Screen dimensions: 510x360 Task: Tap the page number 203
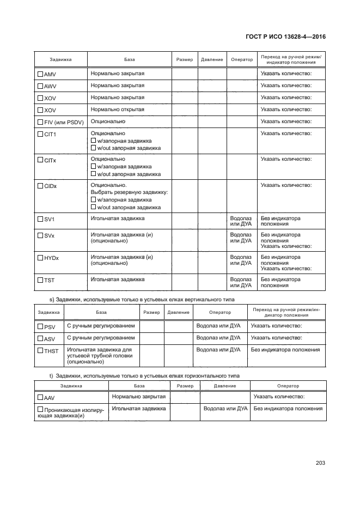point(320,463)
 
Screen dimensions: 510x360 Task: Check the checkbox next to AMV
point(40,74)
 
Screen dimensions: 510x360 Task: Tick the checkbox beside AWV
point(40,86)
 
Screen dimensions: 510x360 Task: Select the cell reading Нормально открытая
point(117,110)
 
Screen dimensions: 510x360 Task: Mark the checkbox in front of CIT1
point(40,134)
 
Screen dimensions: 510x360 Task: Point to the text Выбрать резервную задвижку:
point(129,193)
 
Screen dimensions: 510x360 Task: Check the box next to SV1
point(40,219)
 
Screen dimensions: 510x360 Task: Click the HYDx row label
point(53,257)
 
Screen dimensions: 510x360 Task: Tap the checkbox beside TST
point(40,280)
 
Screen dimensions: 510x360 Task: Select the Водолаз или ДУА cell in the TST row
point(241,282)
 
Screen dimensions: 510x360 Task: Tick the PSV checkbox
point(40,327)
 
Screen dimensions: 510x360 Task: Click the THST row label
point(51,351)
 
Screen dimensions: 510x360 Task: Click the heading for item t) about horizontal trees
point(140,376)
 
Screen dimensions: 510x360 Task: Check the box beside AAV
point(40,398)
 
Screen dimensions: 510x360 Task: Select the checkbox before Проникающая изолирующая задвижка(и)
point(40,409)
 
